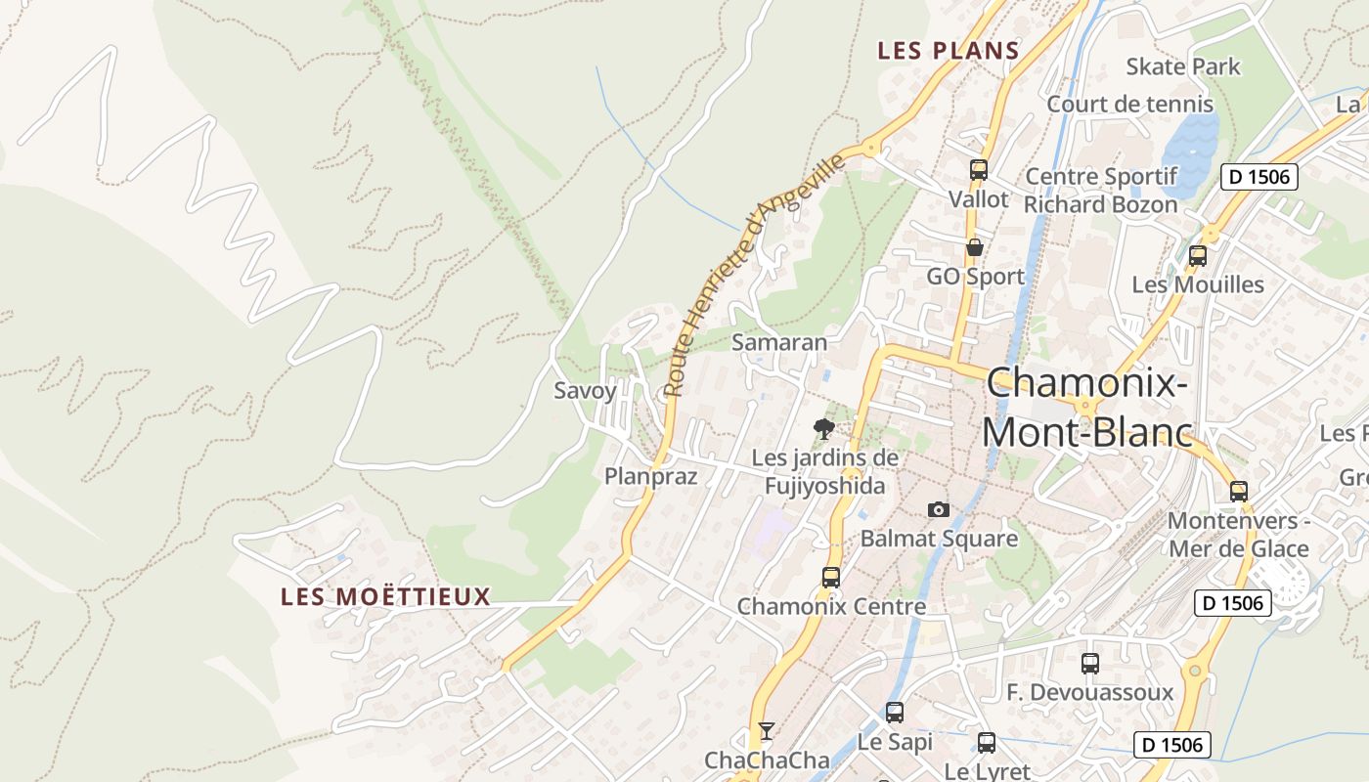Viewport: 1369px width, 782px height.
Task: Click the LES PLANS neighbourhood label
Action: pos(949,51)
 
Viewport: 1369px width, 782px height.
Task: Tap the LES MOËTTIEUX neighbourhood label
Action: pos(385,596)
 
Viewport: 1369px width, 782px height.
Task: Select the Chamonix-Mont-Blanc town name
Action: pos(1087,407)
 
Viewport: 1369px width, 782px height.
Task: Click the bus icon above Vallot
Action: pos(979,169)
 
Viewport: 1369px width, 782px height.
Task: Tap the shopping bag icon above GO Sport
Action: pos(975,247)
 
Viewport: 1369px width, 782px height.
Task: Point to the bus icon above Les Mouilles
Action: pos(1198,256)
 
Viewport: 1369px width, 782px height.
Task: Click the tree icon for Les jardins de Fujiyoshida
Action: pos(824,428)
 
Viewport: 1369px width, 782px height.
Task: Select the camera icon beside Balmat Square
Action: pos(938,509)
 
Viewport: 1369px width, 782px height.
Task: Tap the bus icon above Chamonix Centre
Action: pos(831,577)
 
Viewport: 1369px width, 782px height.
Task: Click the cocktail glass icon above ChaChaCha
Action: pos(767,730)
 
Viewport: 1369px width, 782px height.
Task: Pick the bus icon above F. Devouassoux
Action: pos(1090,663)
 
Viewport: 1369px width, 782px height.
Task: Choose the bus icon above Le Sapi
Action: pos(895,712)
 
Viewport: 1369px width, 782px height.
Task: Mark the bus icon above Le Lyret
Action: pos(987,742)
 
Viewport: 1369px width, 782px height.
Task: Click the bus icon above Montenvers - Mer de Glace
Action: pos(1239,491)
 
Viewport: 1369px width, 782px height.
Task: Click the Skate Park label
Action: pos(1182,66)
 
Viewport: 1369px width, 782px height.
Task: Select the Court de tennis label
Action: pos(1129,104)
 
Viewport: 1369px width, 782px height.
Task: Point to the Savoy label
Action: pos(585,391)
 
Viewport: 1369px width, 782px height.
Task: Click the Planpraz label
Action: pos(650,476)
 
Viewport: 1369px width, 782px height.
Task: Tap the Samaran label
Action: pos(779,342)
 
